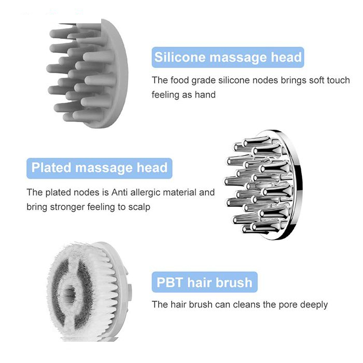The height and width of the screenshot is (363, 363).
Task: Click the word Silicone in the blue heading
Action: (179, 57)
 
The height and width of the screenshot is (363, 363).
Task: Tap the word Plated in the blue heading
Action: (51, 167)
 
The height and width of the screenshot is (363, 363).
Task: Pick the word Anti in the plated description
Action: (119, 192)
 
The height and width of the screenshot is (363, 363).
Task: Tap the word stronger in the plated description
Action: (67, 207)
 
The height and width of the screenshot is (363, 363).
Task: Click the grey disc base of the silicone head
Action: (119, 74)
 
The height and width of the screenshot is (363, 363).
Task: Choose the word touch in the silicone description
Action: (338, 80)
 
